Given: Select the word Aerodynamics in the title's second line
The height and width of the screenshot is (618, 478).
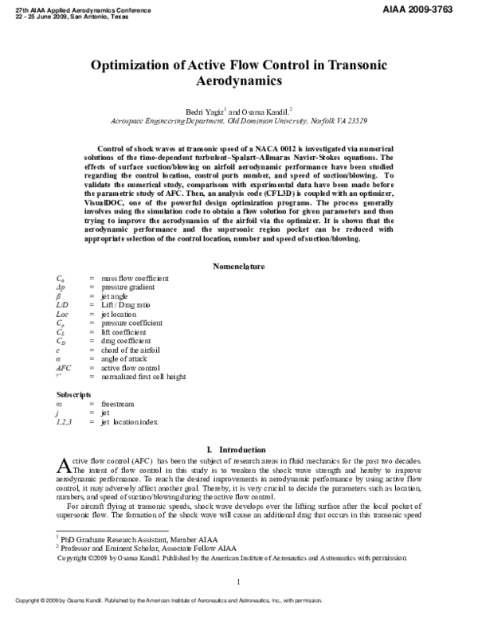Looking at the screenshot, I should tap(238, 81).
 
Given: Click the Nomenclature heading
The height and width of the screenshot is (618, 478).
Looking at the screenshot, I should tap(239, 266).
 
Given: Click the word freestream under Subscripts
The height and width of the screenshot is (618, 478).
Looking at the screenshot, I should tap(119, 404).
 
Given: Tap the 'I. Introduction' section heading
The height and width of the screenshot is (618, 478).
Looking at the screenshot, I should tap(239, 450).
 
